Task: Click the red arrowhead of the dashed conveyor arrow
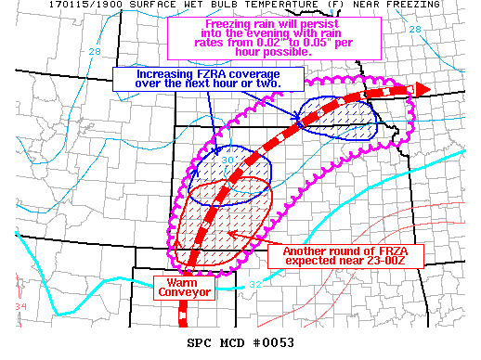click(421, 89)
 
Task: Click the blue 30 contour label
click(227, 160)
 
